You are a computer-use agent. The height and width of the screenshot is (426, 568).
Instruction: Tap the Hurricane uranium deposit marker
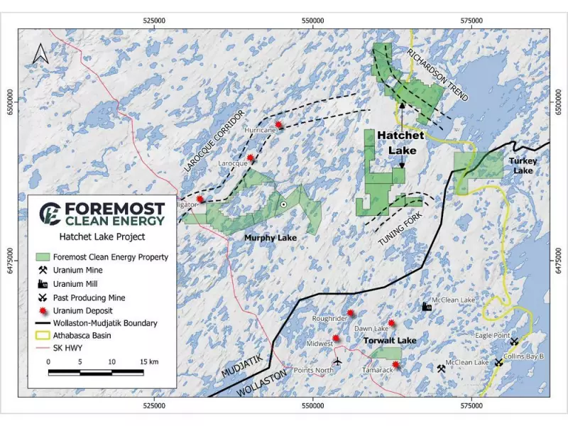coord(279,125)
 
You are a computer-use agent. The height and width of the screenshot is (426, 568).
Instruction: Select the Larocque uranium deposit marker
coord(251,158)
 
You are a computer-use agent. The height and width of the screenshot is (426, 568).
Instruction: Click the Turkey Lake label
coord(523,165)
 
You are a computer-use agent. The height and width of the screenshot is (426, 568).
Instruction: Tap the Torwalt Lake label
coord(390,341)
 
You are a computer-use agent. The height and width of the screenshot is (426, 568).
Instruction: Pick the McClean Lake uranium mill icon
coord(427,306)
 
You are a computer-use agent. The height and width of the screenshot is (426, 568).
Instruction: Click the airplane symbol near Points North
coord(337,361)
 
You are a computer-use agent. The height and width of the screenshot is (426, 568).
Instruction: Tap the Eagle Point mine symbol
coord(515,342)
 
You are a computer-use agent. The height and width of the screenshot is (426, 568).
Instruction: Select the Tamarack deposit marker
coord(395,366)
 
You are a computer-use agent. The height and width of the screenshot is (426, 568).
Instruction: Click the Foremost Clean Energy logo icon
coord(50,212)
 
